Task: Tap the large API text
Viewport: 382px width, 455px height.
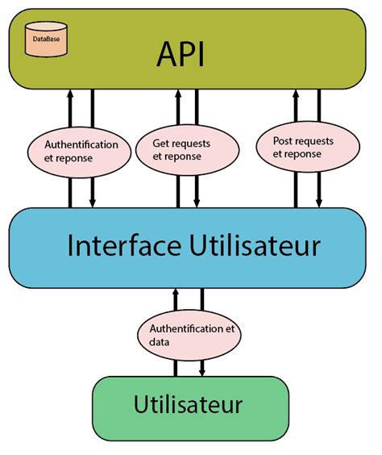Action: click(x=181, y=54)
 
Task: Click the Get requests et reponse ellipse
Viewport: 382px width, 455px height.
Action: click(x=185, y=148)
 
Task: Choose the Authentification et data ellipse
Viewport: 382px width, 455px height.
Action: click(x=189, y=334)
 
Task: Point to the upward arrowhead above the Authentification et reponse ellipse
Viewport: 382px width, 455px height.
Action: click(x=70, y=94)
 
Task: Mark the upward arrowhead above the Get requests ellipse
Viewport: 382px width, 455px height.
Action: click(x=176, y=94)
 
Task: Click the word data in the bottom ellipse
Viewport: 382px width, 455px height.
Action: click(x=160, y=341)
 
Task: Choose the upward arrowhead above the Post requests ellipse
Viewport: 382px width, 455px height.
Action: click(x=295, y=94)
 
